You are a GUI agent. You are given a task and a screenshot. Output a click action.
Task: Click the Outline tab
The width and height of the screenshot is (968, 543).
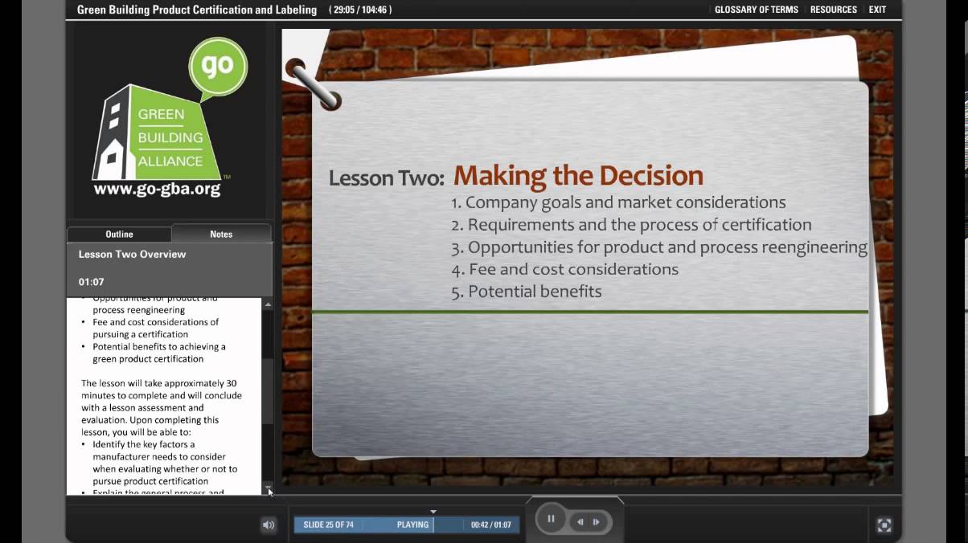pos(119,234)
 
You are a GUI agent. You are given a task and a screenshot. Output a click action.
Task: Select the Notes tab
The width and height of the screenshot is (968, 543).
pos(221,234)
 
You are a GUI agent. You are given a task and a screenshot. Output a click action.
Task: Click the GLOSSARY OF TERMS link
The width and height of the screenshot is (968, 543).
pos(756,10)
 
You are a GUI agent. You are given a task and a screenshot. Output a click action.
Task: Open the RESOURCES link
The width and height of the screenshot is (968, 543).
pos(833,10)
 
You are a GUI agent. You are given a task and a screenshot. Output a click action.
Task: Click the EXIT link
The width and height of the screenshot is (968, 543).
pos(877,10)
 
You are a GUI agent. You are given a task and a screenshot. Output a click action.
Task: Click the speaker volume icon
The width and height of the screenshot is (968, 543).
pos(269,525)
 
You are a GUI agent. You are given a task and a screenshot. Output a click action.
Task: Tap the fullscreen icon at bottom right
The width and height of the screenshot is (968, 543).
pos(884,525)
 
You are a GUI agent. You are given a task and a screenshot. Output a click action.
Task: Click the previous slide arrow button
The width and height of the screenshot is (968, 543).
pos(580,521)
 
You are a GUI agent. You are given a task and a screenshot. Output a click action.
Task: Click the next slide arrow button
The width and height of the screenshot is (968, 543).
pos(597,521)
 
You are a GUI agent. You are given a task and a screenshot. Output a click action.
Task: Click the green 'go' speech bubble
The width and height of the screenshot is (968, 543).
pos(217,66)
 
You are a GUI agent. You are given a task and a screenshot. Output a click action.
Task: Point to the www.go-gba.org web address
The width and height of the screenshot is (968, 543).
pos(157,190)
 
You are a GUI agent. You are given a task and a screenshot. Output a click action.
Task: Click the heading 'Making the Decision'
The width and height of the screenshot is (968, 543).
pos(578,176)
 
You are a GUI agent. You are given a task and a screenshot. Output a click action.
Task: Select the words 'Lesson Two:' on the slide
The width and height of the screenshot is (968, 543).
pos(386,178)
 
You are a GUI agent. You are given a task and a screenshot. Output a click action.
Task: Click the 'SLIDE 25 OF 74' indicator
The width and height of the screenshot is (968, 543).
pos(328,525)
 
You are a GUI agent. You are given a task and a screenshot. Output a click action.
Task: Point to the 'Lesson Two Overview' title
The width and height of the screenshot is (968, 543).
pos(132,254)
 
